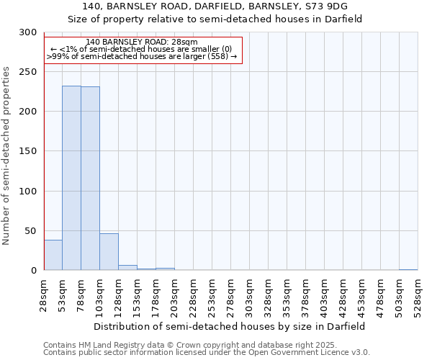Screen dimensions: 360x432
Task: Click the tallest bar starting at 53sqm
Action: click(x=71, y=178)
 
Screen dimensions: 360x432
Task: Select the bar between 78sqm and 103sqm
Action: click(x=90, y=179)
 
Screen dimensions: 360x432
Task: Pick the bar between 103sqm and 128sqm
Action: click(x=109, y=252)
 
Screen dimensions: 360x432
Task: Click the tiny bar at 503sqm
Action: click(x=408, y=269)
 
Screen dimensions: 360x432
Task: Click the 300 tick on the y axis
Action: click(x=28, y=32)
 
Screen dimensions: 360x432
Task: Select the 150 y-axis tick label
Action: click(x=28, y=151)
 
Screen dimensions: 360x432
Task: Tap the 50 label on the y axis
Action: click(x=30, y=231)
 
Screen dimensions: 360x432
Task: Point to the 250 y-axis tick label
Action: click(x=28, y=72)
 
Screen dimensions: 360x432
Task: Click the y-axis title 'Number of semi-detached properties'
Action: click(x=6, y=156)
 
